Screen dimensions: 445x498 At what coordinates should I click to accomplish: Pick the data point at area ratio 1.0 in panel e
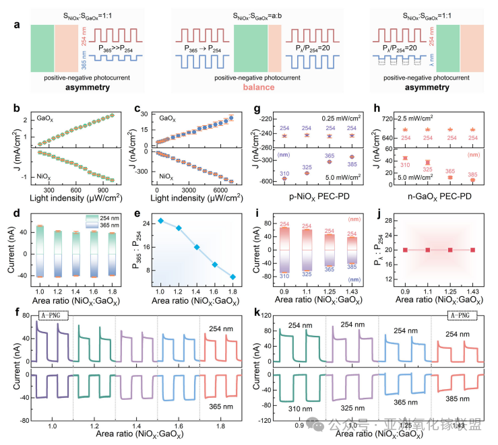pos(161,221)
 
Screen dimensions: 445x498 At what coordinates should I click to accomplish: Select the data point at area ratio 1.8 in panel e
pos(233,277)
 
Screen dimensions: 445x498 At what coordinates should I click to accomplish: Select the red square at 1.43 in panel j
pos(472,250)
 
